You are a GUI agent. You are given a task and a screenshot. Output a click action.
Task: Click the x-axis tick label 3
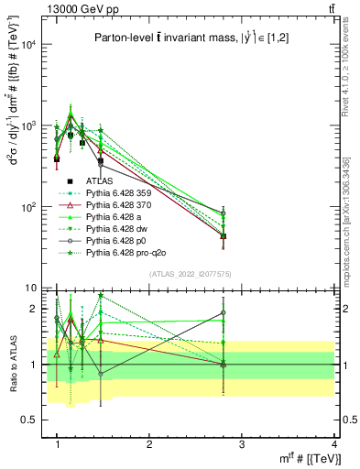[x=242, y=443]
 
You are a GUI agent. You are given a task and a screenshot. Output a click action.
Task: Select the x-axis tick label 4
[x=334, y=443]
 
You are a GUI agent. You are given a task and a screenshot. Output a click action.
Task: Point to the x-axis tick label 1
[x=58, y=443]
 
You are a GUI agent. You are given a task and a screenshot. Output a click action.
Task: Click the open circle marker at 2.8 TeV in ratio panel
[x=224, y=312]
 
